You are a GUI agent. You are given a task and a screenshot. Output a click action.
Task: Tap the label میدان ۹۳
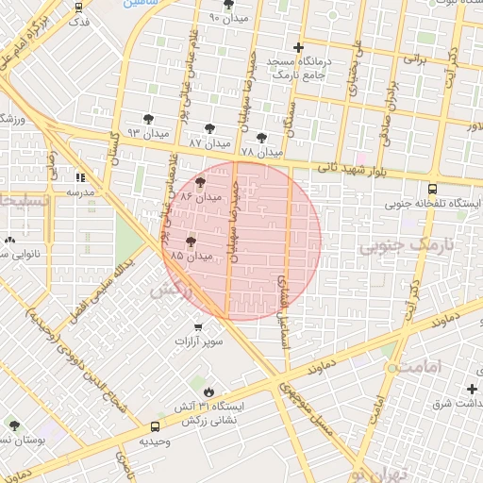tap(146, 133)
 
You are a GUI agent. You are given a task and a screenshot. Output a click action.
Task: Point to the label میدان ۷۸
tap(261, 152)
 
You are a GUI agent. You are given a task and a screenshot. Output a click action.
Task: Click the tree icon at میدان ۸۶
tap(200, 182)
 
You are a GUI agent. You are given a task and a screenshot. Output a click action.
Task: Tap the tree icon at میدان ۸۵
tap(192, 242)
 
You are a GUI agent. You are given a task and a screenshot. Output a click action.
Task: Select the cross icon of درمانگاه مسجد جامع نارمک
tap(299, 47)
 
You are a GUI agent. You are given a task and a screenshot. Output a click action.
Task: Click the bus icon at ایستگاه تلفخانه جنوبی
tap(432, 188)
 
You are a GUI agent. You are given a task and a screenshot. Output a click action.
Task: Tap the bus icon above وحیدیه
tap(155, 426)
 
